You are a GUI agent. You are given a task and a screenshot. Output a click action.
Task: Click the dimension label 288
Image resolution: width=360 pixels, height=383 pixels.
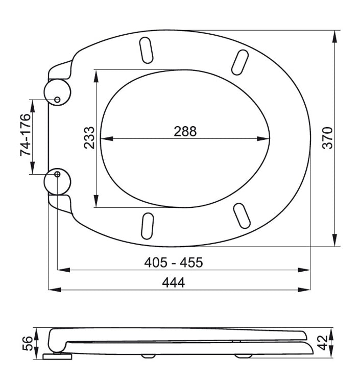tap(185, 131)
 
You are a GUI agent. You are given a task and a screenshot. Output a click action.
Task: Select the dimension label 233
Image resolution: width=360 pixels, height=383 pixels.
tap(89, 138)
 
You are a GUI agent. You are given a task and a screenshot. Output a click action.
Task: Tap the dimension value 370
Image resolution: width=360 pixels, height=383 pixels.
tap(327, 138)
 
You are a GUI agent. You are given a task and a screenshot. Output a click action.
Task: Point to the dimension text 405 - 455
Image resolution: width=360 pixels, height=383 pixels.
tap(174, 262)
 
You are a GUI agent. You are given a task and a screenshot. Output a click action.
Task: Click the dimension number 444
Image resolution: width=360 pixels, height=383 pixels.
tap(174, 282)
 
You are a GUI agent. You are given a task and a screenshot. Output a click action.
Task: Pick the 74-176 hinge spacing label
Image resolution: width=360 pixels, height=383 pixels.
tap(26, 135)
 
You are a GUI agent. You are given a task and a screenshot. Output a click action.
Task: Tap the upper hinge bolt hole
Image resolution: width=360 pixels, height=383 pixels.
tap(57, 99)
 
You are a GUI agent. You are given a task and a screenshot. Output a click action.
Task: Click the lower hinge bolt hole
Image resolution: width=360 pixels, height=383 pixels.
tap(57, 175)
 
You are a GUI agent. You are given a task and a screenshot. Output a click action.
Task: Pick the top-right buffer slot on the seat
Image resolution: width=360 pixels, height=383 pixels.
tap(239, 62)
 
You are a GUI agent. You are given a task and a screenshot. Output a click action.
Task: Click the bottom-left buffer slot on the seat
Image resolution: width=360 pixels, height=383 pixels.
tap(147, 226)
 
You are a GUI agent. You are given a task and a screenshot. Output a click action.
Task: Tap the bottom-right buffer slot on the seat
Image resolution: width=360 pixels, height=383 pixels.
tap(241, 215)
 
